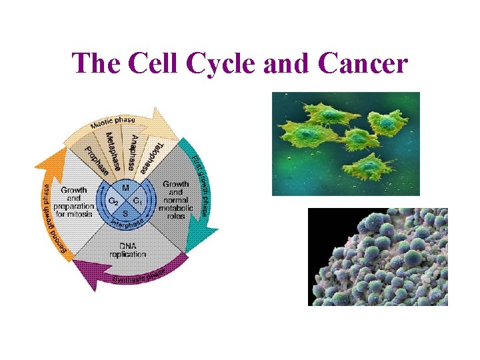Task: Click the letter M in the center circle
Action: tap(125, 188)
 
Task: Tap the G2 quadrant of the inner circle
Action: tap(113, 201)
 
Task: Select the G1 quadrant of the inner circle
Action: tap(137, 201)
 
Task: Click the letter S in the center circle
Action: tap(125, 213)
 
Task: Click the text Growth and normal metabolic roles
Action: tap(175, 200)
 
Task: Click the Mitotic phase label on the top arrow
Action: tap(113, 123)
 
